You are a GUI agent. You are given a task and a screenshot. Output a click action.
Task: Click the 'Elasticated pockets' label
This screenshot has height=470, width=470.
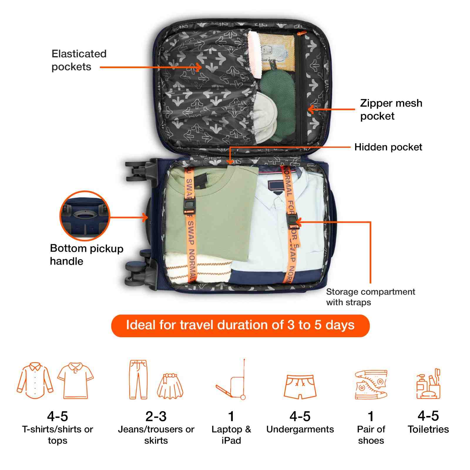[79, 60]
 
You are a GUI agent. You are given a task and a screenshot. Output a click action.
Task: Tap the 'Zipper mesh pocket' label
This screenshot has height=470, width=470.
[391, 110]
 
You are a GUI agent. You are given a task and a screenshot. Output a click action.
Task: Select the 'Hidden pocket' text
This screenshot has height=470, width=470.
[388, 147]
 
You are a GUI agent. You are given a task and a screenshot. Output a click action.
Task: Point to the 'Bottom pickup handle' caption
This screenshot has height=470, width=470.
[87, 254]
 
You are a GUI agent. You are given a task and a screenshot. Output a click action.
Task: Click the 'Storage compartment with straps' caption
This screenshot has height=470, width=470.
[370, 297]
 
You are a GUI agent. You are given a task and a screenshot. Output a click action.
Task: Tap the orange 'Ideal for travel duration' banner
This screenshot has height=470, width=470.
[240, 325]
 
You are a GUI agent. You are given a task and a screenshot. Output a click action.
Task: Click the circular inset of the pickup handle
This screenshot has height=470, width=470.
[85, 216]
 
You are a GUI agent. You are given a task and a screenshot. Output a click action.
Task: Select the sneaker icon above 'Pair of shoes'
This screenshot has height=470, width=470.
[371, 384]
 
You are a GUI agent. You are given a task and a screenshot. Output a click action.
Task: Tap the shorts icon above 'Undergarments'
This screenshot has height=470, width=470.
[300, 387]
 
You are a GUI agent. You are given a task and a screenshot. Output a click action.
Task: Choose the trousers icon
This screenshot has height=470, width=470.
[138, 379]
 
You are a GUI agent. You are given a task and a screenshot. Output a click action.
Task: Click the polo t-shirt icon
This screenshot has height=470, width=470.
[75, 380]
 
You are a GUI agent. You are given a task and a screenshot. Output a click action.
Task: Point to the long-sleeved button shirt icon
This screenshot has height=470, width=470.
[35, 380]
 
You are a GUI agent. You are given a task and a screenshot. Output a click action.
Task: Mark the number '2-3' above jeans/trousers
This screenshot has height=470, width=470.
[156, 416]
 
